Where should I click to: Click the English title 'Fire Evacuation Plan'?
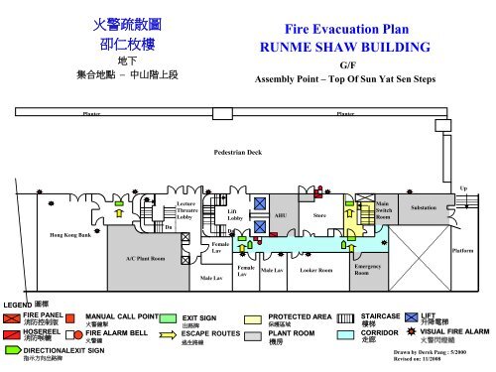click(348, 30)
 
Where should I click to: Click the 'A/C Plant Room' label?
click(146, 258)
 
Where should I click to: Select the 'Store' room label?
click(319, 213)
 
